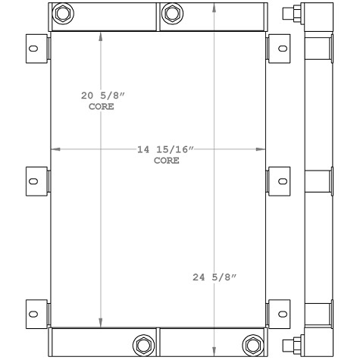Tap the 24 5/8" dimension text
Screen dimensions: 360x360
click(214, 277)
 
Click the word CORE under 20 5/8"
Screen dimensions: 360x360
click(101, 107)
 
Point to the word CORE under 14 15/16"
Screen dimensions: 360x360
click(166, 161)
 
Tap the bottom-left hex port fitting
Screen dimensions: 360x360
click(142, 345)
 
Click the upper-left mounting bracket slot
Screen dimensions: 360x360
click(33, 49)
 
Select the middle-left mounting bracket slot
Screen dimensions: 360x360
click(33, 181)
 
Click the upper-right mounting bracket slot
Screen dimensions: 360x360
click(283, 49)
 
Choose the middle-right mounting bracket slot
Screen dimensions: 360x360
click(283, 181)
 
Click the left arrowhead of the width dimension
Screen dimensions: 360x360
click(54, 149)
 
